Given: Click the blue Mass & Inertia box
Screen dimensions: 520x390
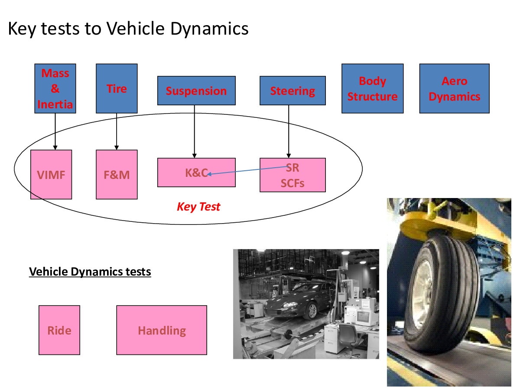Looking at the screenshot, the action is pyautogui.click(x=55, y=88).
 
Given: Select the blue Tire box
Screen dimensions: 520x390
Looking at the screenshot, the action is pyautogui.click(x=117, y=88).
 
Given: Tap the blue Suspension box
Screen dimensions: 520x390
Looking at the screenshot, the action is pyautogui.click(x=196, y=91).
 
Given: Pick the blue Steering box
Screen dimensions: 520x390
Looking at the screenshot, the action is pyautogui.click(x=292, y=91).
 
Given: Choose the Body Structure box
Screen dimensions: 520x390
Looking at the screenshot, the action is pyautogui.click(x=372, y=88).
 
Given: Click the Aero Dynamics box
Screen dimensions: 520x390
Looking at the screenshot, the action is pyautogui.click(x=455, y=88).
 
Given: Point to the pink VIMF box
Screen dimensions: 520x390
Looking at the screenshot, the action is pyautogui.click(x=51, y=175).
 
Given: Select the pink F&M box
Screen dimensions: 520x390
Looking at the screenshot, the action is pyautogui.click(x=117, y=175).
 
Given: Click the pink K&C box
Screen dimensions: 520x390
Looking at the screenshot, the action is pyautogui.click(x=196, y=172).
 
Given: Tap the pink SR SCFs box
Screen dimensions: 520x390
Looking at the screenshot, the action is pyautogui.click(x=292, y=175).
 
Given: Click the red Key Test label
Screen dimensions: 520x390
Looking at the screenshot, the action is pyautogui.click(x=198, y=207).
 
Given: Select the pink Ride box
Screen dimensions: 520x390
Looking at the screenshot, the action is pyautogui.click(x=59, y=330).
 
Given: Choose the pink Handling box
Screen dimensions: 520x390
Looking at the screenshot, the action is pyautogui.click(x=162, y=330).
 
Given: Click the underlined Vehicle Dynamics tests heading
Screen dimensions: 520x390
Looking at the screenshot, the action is pyautogui.click(x=90, y=272).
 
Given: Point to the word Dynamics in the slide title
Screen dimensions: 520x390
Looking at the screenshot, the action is pyautogui.click(x=209, y=29).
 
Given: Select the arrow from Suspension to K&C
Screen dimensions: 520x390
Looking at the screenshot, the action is pyautogui.click(x=194, y=131).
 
